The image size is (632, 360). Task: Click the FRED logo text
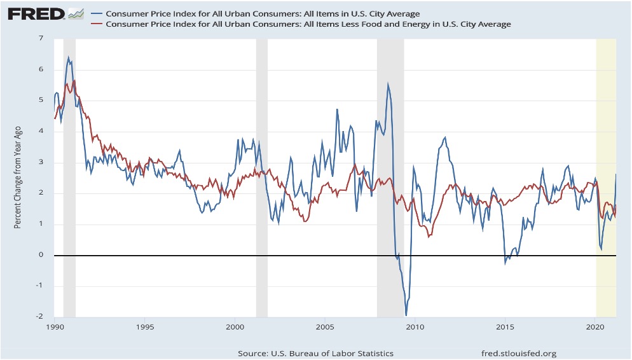[36, 14]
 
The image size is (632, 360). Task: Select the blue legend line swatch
[97, 14]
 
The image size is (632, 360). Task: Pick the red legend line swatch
[97, 24]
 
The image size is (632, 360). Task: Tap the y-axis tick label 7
[41, 38]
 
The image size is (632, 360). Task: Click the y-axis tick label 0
[41, 255]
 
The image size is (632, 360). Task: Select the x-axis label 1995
[145, 326]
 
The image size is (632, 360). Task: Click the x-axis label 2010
[415, 326]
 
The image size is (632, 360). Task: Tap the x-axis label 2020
[595, 326]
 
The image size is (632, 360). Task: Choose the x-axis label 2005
[325, 326]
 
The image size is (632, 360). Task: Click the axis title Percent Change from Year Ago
[17, 177]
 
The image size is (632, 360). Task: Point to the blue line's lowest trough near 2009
[406, 315]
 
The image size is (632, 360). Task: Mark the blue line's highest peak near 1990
[68, 57]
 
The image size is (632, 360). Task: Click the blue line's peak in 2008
[388, 83]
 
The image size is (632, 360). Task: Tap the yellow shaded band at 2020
[606, 178]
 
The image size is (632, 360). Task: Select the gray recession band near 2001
[261, 178]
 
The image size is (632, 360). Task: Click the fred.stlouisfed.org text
[519, 354]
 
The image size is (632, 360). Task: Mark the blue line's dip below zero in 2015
[505, 263]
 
